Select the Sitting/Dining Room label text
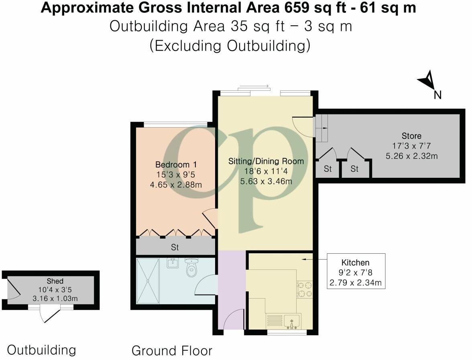pos(266,161)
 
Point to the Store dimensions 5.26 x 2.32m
pos(411,156)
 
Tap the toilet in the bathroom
pos(191,268)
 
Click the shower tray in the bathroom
pos(147,281)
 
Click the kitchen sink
pos(292,321)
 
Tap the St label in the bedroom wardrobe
pos(175,247)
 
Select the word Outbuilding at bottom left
pos(41,350)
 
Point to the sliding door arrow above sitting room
pos(254,86)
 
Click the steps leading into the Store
pos(322,128)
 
